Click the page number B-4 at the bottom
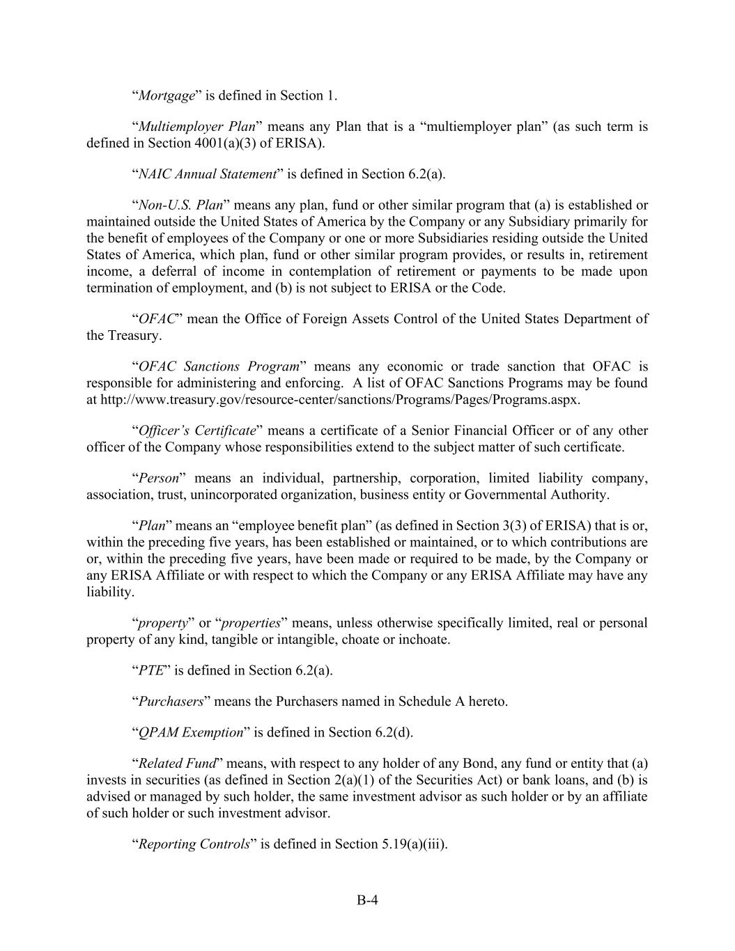pyautogui.click(x=367, y=900)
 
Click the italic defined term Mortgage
pyautogui.click(x=167, y=95)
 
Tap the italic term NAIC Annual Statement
pyautogui.click(x=207, y=174)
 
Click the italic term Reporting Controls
pyautogui.click(x=194, y=844)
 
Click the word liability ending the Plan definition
pyautogui.click(x=109, y=592)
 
